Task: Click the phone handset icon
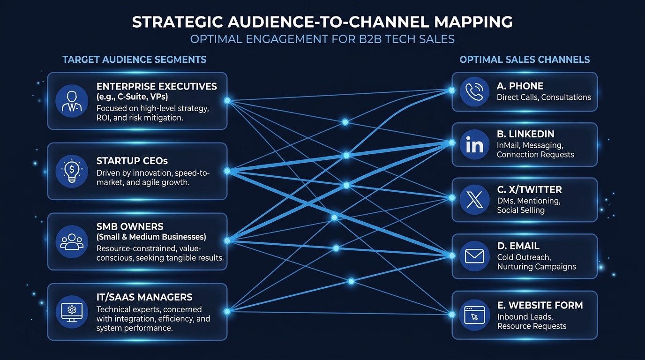tap(474, 91)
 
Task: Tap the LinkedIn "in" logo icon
tap(474, 145)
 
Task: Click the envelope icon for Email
tap(474, 256)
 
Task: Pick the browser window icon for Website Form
tap(474, 315)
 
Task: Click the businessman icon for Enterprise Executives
tap(72, 100)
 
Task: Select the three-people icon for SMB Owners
tap(72, 241)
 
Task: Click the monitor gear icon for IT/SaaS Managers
tap(72, 312)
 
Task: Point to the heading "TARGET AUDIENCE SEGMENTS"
tap(134, 60)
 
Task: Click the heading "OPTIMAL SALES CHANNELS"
tap(525, 60)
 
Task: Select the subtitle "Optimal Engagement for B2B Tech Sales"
tap(322, 38)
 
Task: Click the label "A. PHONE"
tap(520, 86)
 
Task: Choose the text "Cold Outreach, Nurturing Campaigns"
tap(536, 262)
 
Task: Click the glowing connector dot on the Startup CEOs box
tap(227, 171)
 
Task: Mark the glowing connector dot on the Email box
tap(452, 256)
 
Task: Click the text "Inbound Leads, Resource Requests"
tap(532, 321)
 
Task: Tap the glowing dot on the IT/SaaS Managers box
tap(227, 311)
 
